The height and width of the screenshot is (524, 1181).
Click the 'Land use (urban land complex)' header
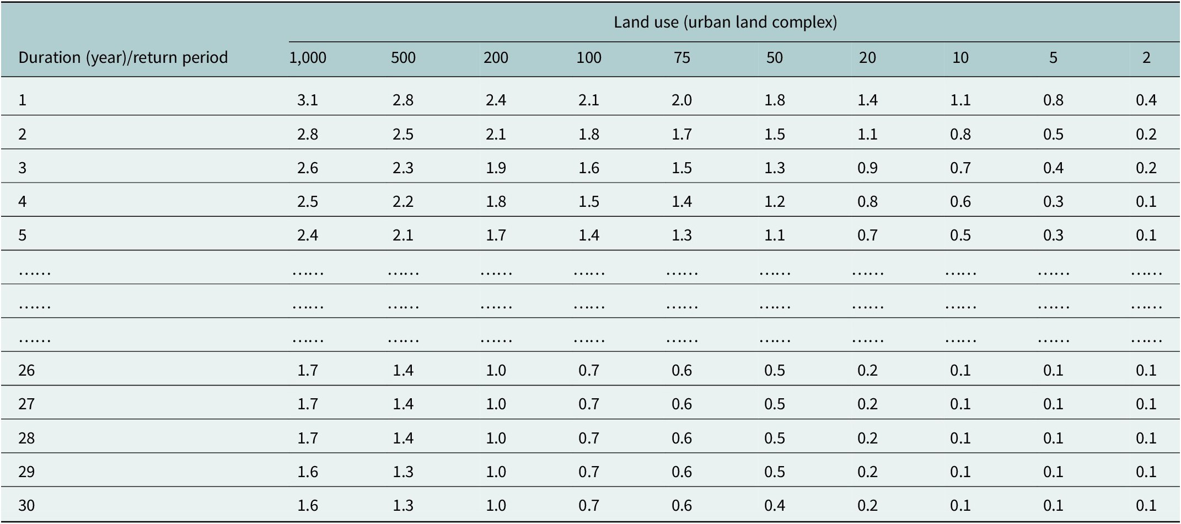coord(725,22)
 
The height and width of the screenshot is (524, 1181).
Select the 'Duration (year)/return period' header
coord(123,57)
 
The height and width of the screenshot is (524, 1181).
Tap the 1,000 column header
coord(308,58)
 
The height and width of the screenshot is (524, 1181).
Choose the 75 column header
coord(682,57)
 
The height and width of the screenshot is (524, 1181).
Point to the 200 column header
coord(496,57)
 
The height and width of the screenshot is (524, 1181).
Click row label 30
coord(26,505)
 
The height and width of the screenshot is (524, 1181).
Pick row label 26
coord(26,370)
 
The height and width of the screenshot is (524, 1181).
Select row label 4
coord(22,201)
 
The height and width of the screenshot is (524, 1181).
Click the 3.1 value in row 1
coord(308,100)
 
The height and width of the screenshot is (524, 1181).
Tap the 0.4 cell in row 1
coord(1146,100)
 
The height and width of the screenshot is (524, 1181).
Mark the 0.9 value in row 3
coord(867,168)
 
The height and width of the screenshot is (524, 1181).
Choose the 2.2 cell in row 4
coord(403,201)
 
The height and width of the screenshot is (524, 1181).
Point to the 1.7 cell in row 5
coord(496,235)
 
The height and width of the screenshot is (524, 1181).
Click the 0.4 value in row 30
coord(775,505)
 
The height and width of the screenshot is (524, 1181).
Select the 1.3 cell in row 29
coord(403,472)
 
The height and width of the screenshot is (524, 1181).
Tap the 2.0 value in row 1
coord(682,100)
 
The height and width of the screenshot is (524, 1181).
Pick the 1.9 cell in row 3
coord(496,168)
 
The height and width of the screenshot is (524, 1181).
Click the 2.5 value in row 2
coord(403,134)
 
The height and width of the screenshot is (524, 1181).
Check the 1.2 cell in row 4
coord(775,201)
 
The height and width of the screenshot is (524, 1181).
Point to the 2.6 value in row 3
coord(308,168)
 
